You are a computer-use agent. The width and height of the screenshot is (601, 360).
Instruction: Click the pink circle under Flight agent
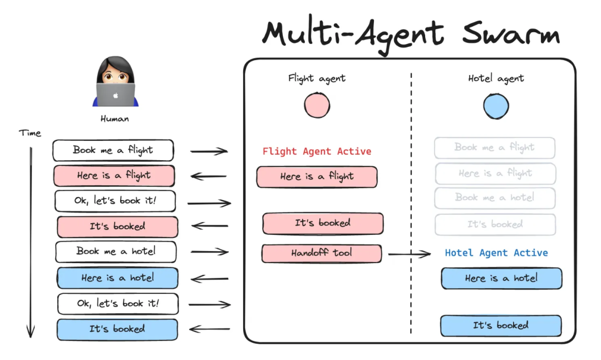click(x=317, y=106)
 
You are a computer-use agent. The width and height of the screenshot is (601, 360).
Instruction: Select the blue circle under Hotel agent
click(x=496, y=106)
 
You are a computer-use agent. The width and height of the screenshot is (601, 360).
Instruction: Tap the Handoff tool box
click(x=322, y=253)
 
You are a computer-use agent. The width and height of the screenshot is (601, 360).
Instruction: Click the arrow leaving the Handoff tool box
click(x=409, y=254)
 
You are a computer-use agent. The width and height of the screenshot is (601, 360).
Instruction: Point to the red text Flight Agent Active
click(x=317, y=151)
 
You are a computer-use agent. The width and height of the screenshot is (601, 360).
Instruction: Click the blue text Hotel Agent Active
click(x=496, y=253)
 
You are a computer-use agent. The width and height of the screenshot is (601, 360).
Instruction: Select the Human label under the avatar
click(x=115, y=119)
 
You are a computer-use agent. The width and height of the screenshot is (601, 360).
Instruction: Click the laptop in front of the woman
click(x=115, y=95)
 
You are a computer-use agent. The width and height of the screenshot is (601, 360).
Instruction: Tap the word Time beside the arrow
click(x=30, y=133)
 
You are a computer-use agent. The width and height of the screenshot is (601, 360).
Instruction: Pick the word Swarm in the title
click(x=510, y=34)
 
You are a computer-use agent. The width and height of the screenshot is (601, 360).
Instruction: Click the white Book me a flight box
click(x=113, y=150)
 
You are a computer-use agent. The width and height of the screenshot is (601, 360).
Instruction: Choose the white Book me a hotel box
click(x=116, y=251)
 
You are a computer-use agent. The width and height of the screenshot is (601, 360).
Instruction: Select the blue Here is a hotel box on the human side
click(x=117, y=278)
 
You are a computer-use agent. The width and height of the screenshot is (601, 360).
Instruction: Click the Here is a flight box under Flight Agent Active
click(x=317, y=176)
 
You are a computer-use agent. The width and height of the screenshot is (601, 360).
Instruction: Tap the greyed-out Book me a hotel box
click(x=495, y=198)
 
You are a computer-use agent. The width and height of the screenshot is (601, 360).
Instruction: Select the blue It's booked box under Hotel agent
click(x=501, y=326)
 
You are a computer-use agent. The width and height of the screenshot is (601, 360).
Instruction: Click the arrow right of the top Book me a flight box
click(x=209, y=151)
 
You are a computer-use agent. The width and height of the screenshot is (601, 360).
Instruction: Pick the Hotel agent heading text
click(x=496, y=78)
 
